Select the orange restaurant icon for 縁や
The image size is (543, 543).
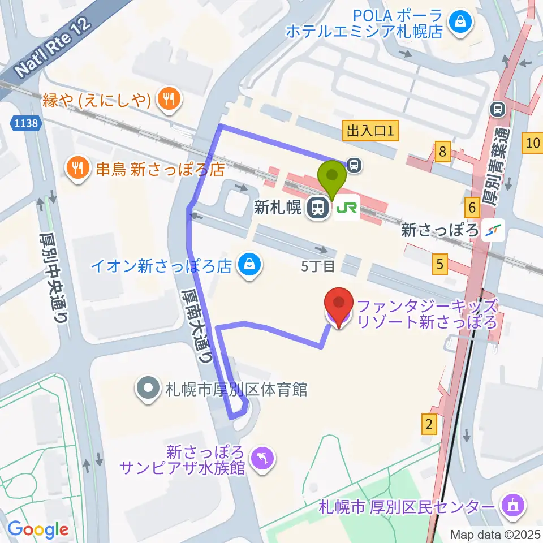(168, 100)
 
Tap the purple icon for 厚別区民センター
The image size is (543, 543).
(512, 505)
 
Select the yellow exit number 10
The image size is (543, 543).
(532, 143)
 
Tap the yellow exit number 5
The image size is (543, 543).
(440, 264)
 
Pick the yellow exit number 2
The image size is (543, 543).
(429, 424)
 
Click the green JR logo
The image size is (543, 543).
(347, 209)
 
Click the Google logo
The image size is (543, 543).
(38, 529)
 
